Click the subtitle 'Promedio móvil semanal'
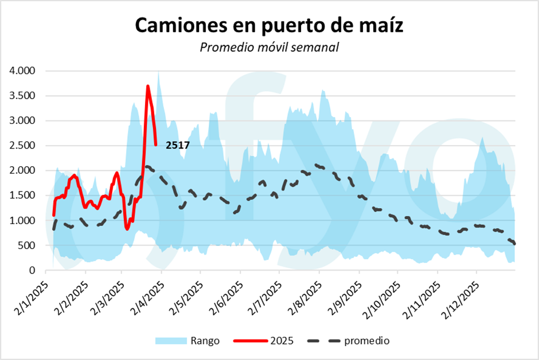click(269, 47)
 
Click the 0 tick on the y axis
click(33, 270)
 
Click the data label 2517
click(178, 146)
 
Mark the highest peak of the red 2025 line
click(148, 86)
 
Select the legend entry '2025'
click(282, 341)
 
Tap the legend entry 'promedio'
click(367, 341)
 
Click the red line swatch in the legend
click(251, 341)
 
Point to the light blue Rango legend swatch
click(171, 341)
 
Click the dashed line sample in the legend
click(324, 341)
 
